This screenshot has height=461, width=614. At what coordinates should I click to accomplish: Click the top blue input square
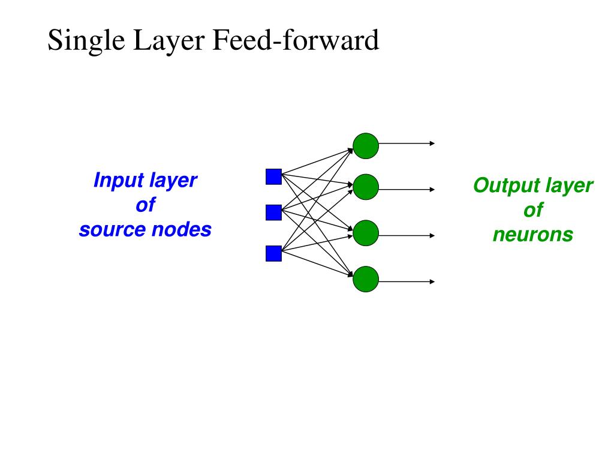point(273,177)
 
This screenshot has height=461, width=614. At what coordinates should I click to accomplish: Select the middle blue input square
point(273,212)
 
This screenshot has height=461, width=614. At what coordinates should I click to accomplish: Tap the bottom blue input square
point(273,253)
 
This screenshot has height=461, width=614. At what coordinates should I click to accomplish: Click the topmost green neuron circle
point(366,146)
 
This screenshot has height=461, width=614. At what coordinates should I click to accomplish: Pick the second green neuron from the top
point(366,187)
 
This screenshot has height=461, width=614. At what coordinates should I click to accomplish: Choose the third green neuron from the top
point(366,233)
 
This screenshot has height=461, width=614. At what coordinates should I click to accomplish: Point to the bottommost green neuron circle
point(366,279)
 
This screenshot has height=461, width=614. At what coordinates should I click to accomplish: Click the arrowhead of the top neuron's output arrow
point(432,143)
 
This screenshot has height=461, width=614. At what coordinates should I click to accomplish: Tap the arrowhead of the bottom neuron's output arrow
point(432,282)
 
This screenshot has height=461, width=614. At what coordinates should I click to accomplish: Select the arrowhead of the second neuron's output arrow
point(432,189)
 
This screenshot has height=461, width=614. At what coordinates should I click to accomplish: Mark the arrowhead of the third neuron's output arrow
point(432,235)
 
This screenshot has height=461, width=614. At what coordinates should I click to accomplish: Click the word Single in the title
point(86,41)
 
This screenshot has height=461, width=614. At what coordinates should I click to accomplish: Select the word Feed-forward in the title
point(296,40)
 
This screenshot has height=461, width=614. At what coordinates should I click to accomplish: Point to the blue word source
point(113,230)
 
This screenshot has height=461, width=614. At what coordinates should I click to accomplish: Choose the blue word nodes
point(182,229)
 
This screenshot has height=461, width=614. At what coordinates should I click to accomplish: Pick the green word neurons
point(533,235)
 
